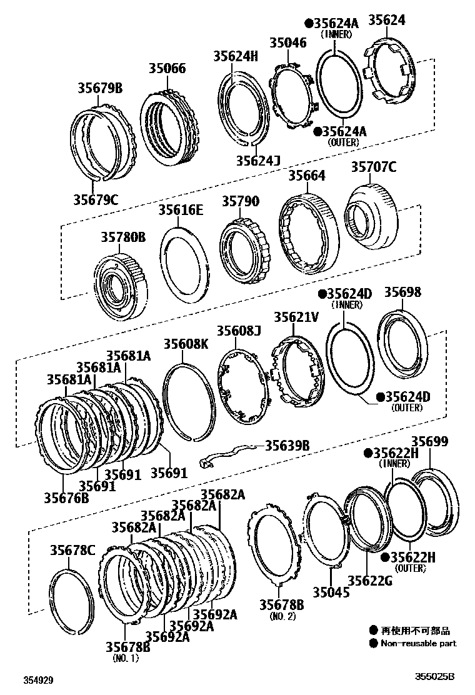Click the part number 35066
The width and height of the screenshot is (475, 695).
pyautogui.click(x=167, y=68)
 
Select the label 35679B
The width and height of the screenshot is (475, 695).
pyautogui.click(x=99, y=89)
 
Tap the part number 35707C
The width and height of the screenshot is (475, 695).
pyautogui.click(x=374, y=167)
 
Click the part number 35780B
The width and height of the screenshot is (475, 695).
pyautogui.click(x=123, y=237)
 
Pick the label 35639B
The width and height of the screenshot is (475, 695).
pyautogui.click(x=287, y=446)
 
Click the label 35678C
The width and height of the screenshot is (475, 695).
pyautogui.click(x=72, y=550)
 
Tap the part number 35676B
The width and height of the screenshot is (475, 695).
pyautogui.click(x=66, y=497)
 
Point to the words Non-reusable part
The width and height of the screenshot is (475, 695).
pyautogui.click(x=419, y=643)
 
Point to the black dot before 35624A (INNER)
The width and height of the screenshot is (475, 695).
pyautogui.click(x=309, y=23)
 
